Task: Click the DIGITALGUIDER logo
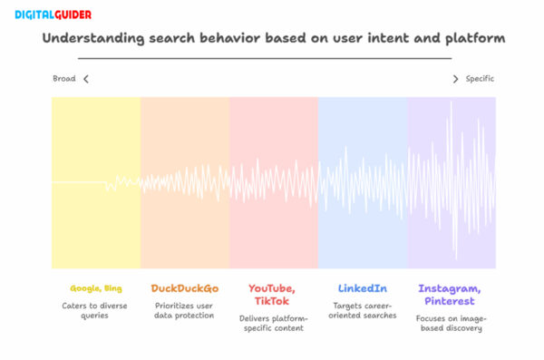click(x=47, y=15)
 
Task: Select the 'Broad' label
click(x=63, y=79)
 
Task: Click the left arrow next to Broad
click(x=86, y=79)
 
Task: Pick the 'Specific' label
click(x=480, y=79)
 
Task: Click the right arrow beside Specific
click(x=455, y=79)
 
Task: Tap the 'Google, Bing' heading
click(x=95, y=288)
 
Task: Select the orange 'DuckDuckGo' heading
click(x=184, y=288)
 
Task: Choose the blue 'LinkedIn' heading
click(x=362, y=288)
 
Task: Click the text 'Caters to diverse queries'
click(x=95, y=311)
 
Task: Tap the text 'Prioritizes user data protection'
click(x=184, y=311)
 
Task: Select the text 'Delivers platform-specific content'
click(x=273, y=324)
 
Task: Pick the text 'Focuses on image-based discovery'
click(x=451, y=324)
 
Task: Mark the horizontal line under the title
click(x=272, y=58)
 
